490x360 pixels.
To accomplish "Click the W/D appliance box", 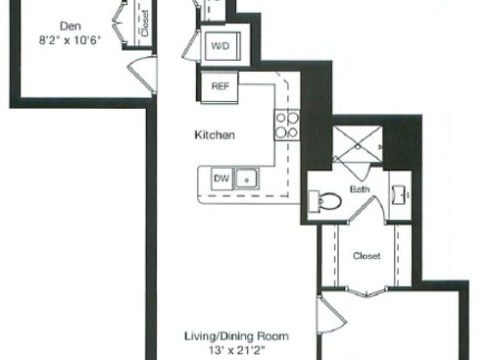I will tap(220, 45).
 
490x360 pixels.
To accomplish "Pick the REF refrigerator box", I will tap(220, 85).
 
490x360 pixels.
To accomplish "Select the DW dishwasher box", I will tap(221, 178).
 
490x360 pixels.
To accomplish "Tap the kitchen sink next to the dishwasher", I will tap(248, 178).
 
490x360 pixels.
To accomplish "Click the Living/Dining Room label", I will tap(234, 334).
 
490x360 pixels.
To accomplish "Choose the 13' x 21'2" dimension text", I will tap(234, 349).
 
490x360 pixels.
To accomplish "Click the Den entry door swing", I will tap(144, 74).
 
